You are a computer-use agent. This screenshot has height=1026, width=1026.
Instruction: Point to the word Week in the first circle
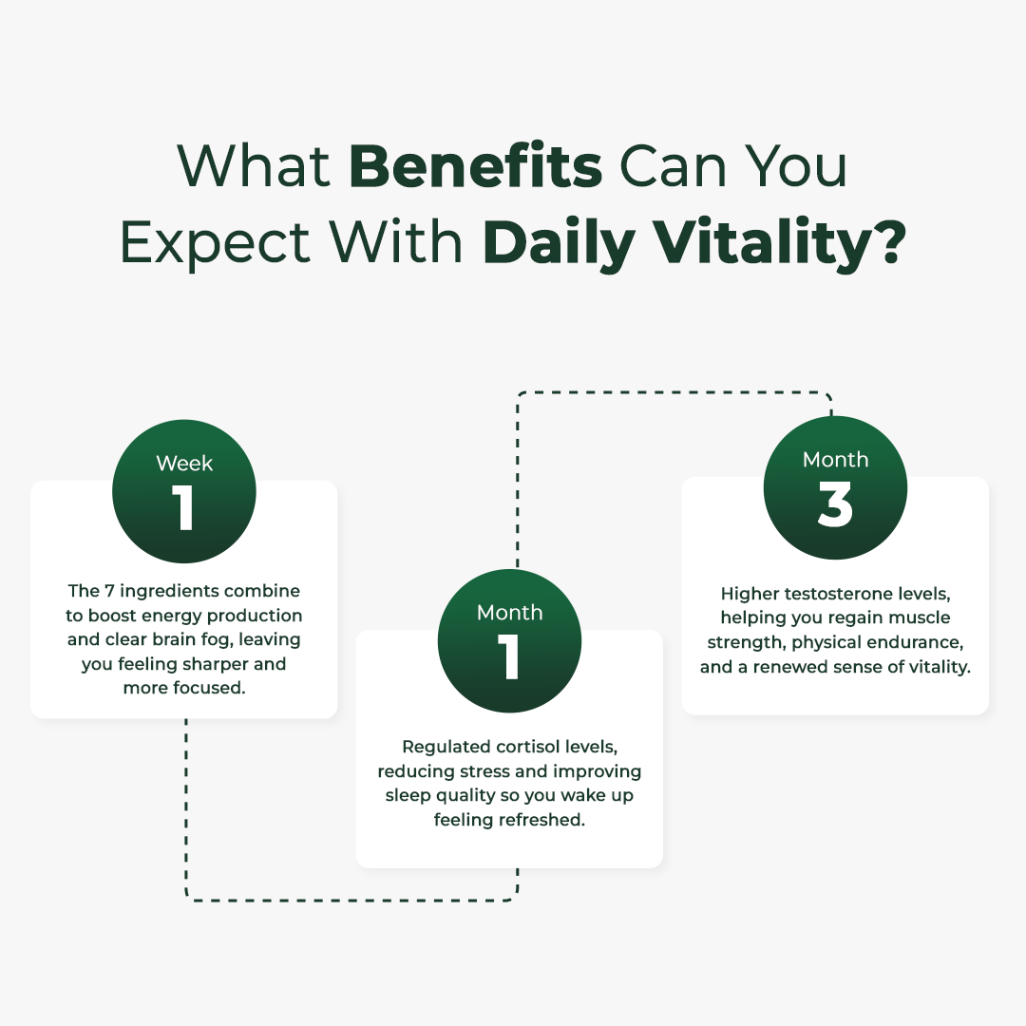pos(184,464)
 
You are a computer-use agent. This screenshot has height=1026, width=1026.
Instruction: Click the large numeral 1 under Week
pos(183,507)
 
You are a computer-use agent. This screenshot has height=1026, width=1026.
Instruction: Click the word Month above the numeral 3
pos(836,460)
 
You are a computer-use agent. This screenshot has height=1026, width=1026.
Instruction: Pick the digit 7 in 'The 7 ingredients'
pos(109,591)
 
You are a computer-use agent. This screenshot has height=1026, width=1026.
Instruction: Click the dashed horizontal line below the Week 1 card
pos(351,901)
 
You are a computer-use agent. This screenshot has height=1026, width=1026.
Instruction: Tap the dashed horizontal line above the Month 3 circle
pos(674,392)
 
